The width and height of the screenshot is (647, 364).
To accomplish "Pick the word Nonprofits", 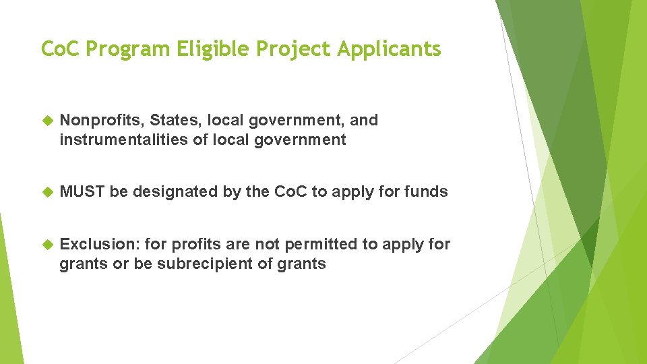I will point(101,120).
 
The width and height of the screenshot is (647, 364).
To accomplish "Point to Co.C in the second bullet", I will point(290,191).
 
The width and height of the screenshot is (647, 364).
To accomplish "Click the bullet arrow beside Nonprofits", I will point(47,121).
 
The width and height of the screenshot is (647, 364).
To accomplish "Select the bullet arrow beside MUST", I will point(47,192).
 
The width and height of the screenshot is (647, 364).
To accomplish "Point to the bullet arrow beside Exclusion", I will point(47,245).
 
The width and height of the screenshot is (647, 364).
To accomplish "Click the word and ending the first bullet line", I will point(364,120).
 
